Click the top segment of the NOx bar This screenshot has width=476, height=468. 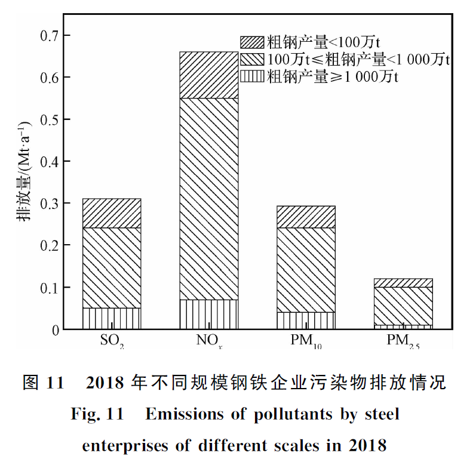209,75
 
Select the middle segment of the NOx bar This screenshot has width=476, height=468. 209,198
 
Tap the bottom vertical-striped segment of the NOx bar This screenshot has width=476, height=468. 209,314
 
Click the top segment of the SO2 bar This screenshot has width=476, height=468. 112,213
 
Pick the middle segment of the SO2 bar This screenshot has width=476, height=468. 112,268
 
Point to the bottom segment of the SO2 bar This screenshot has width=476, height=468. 112,318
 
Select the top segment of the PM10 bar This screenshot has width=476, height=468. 306,217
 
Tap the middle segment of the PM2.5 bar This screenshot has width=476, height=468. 403,306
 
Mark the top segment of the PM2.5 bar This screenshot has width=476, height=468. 403,283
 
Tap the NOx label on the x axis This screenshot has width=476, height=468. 209,342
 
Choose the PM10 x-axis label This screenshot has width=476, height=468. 306,342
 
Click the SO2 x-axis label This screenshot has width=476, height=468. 112,342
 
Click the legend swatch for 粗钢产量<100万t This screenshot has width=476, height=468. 251,42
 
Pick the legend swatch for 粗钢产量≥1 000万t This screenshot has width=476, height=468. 251,77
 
